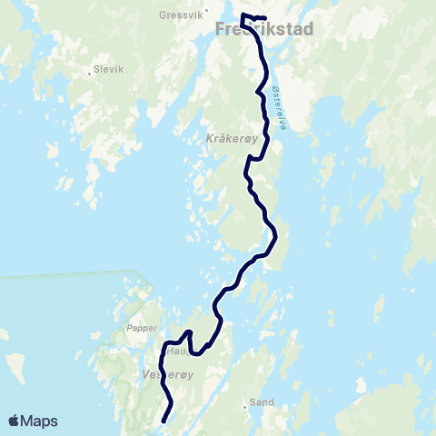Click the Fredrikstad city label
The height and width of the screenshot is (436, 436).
pyautogui.click(x=265, y=30)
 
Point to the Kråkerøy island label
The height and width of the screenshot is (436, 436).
pyautogui.click(x=233, y=140)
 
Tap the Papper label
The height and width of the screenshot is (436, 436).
pyautogui.click(x=143, y=328)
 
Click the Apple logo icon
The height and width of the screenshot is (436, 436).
pyautogui.click(x=15, y=421)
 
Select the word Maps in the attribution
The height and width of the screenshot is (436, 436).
pyautogui.click(x=41, y=421)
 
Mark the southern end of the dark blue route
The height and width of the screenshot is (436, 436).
pyautogui.click(x=163, y=421)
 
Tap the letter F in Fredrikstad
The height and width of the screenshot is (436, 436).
pyautogui.click(x=221, y=30)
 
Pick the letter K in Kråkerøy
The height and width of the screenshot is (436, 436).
pyautogui.click(x=210, y=140)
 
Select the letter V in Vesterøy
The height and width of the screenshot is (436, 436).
pyautogui.click(x=145, y=373)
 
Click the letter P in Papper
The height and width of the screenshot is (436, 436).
pyautogui.click(x=130, y=328)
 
